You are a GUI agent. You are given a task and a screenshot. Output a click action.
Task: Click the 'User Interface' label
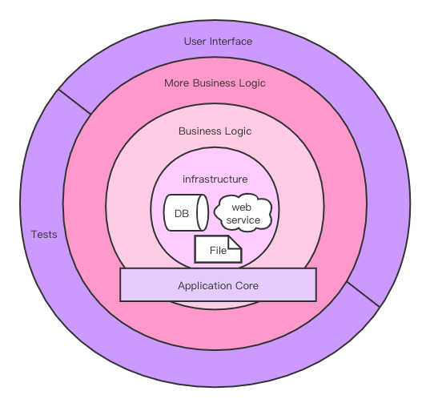pyautogui.click(x=218, y=42)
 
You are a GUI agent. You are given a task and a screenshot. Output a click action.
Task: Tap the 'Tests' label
pyautogui.click(x=44, y=235)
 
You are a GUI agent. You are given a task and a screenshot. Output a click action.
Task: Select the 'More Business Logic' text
pyautogui.click(x=215, y=83)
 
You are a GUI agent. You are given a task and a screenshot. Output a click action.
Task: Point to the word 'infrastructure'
pyautogui.click(x=215, y=179)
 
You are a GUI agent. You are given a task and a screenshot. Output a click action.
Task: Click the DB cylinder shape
pyautogui.click(x=187, y=212)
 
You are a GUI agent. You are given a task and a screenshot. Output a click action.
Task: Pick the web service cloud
pyautogui.click(x=243, y=212)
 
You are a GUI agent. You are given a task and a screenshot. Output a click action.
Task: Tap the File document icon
pyautogui.click(x=218, y=249)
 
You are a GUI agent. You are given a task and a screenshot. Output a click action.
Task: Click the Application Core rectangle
pyautogui.click(x=219, y=284)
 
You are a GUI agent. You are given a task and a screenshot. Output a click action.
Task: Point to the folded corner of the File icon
pyautogui.click(x=235, y=242)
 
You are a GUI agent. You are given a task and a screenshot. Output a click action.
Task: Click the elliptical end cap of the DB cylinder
pyautogui.click(x=203, y=212)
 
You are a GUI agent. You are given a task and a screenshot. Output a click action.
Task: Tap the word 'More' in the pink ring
pyautogui.click(x=177, y=83)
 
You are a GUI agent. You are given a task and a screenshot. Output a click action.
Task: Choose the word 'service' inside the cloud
pyautogui.click(x=243, y=220)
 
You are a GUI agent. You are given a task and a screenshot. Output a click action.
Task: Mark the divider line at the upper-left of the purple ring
pyautogui.click(x=74, y=102)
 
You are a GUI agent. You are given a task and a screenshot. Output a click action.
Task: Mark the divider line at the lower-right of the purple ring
pyautogui.click(x=364, y=295)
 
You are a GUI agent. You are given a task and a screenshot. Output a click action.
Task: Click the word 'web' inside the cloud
pyautogui.click(x=241, y=208)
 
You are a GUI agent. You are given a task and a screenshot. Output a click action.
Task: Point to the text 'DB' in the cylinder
pyautogui.click(x=182, y=214)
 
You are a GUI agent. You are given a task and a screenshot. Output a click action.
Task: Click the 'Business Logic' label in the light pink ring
pyautogui.click(x=215, y=131)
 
